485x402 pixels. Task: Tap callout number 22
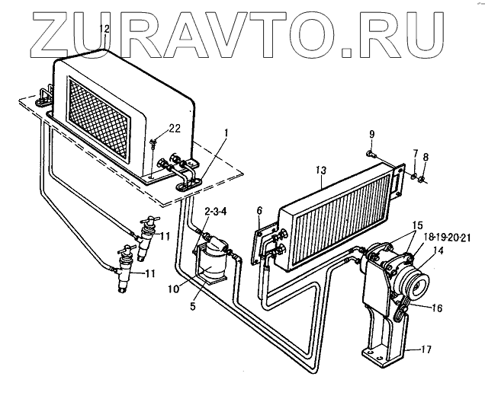coord(175,127)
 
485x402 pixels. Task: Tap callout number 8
coord(426,158)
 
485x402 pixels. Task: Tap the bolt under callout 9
coord(371,155)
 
